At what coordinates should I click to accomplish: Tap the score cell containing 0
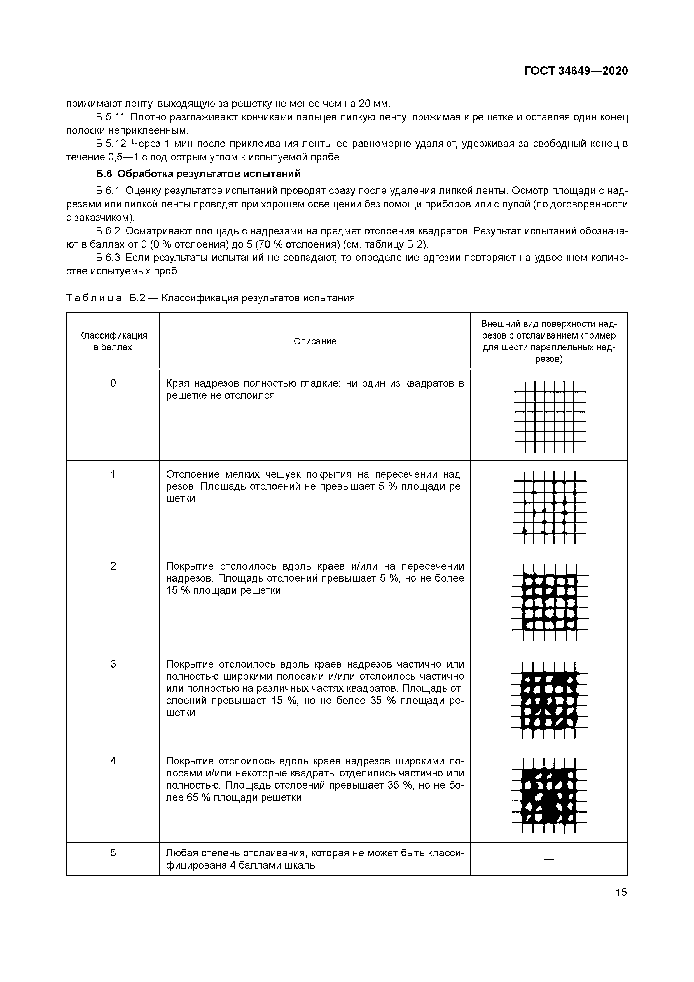coord(113,383)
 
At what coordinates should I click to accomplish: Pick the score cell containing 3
coord(113,664)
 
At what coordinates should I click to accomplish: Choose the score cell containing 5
coord(113,852)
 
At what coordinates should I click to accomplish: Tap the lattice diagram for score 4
coord(550,795)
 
